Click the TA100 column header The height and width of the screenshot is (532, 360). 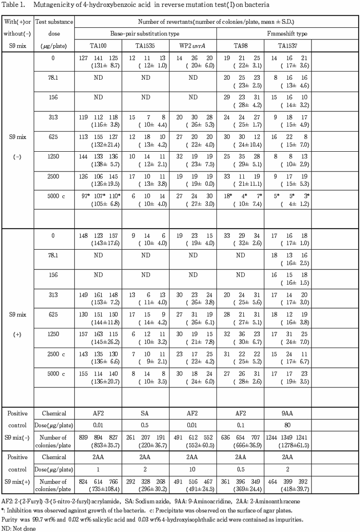tap(98, 46)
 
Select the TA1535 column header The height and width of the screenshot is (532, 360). tap(145, 46)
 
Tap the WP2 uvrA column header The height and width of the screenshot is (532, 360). tap(192, 46)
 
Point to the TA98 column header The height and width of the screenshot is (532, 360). tap(240, 46)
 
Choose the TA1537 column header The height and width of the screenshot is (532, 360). tap(288, 46)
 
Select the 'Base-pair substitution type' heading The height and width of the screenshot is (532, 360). tap(146, 34)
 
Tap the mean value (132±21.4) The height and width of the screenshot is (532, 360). tap(98, 143)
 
